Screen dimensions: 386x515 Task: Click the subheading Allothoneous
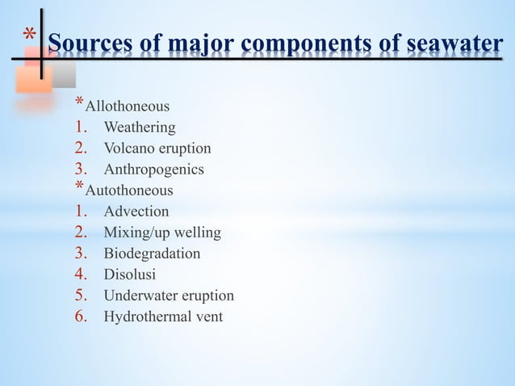(x=128, y=107)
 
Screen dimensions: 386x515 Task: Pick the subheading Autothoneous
(x=128, y=191)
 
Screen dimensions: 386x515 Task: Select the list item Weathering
(x=139, y=128)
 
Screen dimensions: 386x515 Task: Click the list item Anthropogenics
(x=153, y=170)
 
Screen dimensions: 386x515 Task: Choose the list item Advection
(x=136, y=212)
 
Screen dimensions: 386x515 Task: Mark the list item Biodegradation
(x=152, y=254)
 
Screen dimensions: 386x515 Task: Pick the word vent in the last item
(x=208, y=317)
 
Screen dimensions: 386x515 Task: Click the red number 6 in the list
(x=81, y=315)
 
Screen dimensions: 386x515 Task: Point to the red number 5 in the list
(x=81, y=294)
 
